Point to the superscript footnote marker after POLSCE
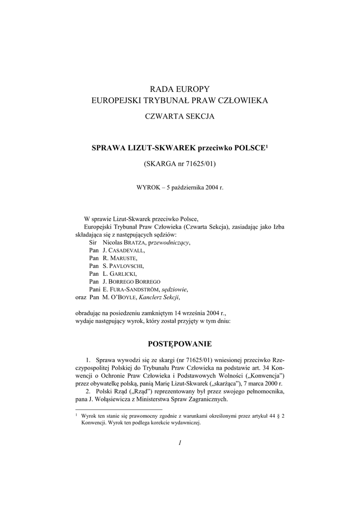(x=267, y=146)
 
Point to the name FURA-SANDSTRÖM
(x=137, y=289)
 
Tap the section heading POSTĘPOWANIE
(x=180, y=343)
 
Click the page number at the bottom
(x=180, y=443)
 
